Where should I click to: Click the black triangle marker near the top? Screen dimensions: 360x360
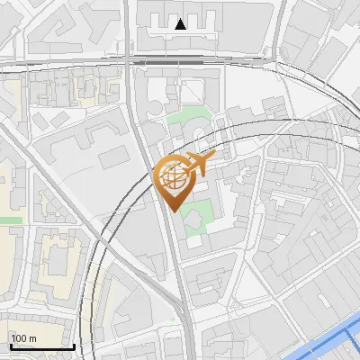[x=182, y=24]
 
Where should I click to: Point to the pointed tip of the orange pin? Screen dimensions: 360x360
[x=174, y=210]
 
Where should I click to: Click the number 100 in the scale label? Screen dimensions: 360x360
[x=19, y=338]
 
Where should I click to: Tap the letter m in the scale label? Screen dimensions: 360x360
[x=32, y=338]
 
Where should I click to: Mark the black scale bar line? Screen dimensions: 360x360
[x=41, y=346]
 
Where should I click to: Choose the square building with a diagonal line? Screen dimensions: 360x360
[x=193, y=90]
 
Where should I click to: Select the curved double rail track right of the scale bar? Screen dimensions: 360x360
[x=91, y=306]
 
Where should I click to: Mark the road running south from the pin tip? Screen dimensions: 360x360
[x=179, y=270]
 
